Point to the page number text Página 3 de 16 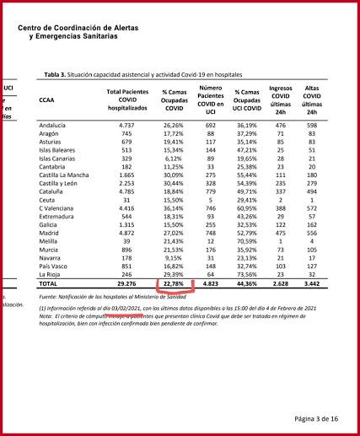pos(317,418)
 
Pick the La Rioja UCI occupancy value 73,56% pos(245,275)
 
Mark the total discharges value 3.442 pos(313,286)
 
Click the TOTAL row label pos(50,286)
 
